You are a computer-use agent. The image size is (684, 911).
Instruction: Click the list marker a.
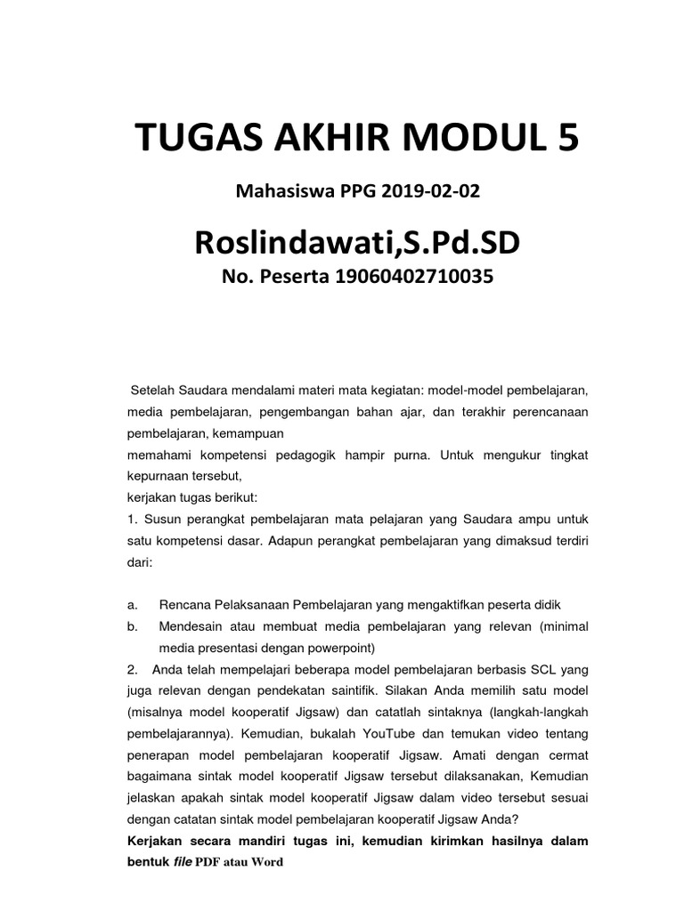131,604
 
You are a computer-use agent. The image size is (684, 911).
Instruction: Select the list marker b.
131,625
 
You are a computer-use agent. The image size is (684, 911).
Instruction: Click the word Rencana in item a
184,604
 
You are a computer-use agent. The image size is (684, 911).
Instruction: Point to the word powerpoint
339,647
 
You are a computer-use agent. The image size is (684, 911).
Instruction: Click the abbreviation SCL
541,669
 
